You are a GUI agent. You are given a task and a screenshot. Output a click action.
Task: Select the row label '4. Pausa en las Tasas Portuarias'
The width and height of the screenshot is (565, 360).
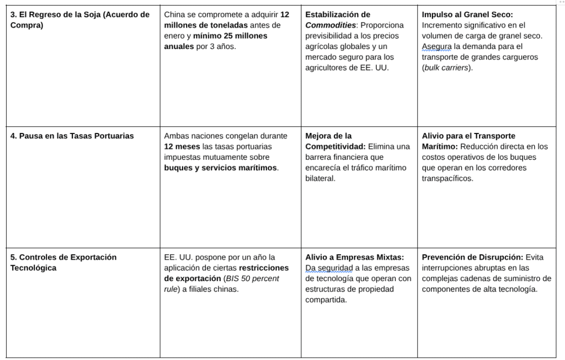coord(72,136)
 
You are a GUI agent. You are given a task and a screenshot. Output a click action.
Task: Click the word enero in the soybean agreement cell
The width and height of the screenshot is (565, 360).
coord(175,36)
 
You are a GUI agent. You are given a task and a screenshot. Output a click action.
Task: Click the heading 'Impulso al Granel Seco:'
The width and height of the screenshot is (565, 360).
coord(467,14)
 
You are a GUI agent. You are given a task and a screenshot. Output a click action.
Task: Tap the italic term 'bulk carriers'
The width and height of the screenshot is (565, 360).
coord(446,68)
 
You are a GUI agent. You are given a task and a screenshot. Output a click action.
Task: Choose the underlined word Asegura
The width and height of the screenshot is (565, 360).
coord(436,46)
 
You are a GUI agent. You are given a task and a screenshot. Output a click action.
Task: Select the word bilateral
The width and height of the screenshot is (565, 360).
coord(321,179)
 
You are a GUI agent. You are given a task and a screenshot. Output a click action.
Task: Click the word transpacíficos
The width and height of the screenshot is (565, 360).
coord(447,179)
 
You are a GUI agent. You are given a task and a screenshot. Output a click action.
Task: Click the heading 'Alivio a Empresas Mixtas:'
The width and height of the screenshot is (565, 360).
coord(355,257)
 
